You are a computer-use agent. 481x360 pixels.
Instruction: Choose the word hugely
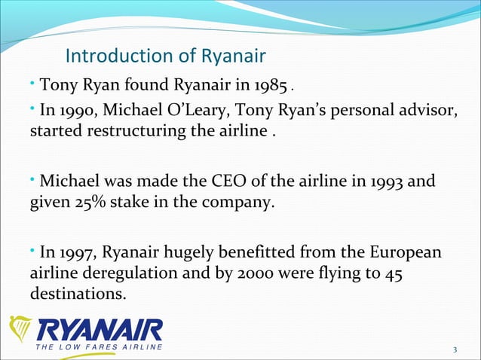197,252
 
